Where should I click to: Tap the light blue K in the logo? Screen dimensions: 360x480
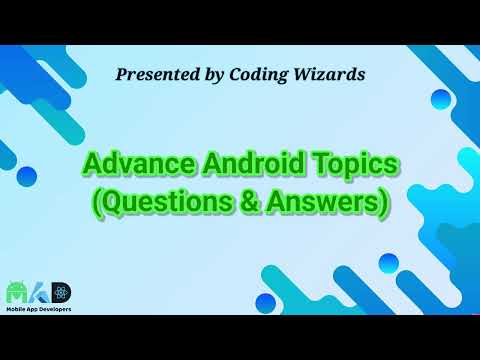(x=41, y=294)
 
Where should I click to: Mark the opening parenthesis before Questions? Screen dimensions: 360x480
(x=97, y=203)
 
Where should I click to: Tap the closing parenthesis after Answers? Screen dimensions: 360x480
(x=384, y=203)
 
